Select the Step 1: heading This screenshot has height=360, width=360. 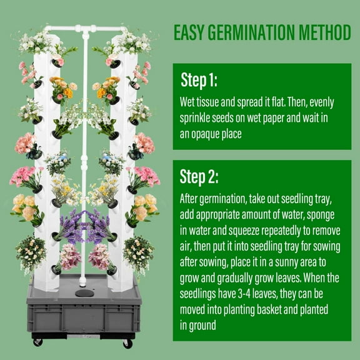pyautogui.click(x=199, y=80)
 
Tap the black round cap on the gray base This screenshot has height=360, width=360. pyautogui.click(x=82, y=292)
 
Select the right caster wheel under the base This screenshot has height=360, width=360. pyautogui.click(x=127, y=342)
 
